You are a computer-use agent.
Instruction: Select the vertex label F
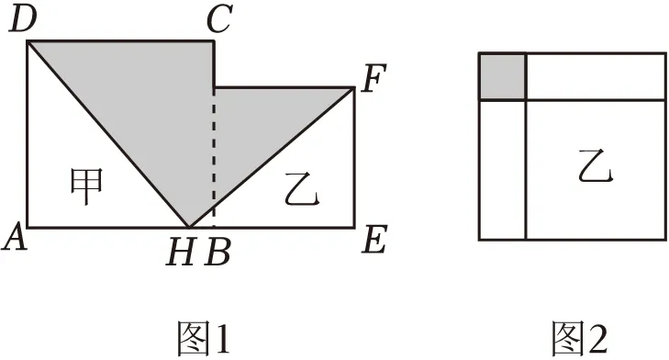pos(371,80)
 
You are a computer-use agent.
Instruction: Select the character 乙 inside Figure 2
pos(596,168)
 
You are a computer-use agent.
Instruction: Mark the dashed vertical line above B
pos(214,156)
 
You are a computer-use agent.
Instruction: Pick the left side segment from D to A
pos(28,138)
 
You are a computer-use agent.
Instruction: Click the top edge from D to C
pos(119,41)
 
